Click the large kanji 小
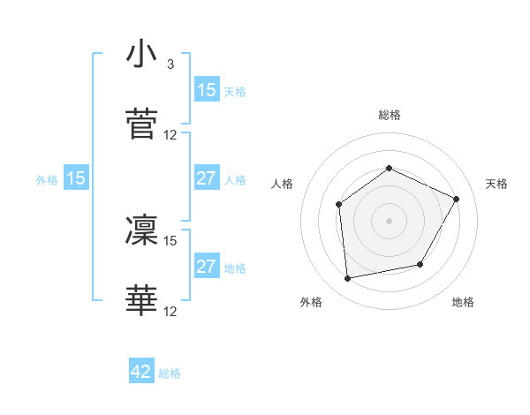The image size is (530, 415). tap(142, 55)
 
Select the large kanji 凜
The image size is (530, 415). tap(142, 230)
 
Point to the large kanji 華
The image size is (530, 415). tap(142, 300)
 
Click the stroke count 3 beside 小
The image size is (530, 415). tap(170, 64)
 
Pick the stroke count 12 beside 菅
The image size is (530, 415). tap(170, 135)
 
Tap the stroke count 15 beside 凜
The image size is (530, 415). tap(170, 240)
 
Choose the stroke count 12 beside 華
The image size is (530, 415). tap(170, 311)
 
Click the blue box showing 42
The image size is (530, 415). tap(141, 372)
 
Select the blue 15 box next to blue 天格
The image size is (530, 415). tap(207, 90)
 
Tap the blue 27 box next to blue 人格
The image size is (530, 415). tap(207, 178)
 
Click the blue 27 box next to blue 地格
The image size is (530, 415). tap(207, 267)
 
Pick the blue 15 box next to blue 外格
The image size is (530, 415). tap(76, 178)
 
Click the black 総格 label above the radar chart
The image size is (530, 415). tap(390, 115)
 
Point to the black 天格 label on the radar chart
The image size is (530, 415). tap(496, 184)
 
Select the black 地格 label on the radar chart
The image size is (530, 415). tap(463, 303)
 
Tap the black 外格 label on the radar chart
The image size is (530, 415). tap(311, 303)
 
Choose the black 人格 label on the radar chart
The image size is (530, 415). tap(283, 184)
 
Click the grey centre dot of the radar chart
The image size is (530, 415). tap(389, 221)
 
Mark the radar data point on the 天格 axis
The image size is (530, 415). tap(456, 199)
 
